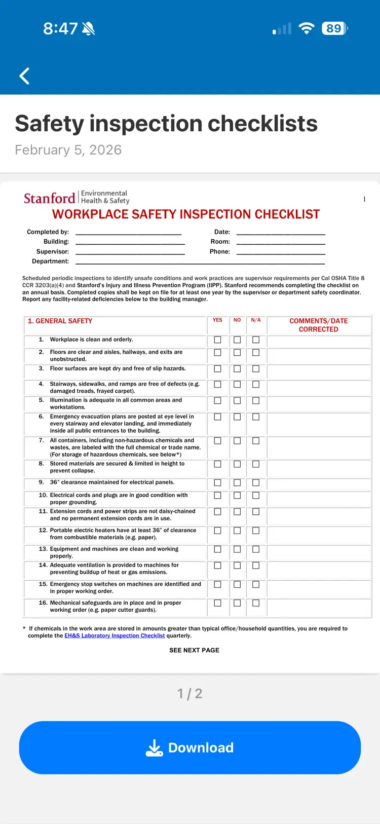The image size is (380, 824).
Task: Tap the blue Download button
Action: (190, 747)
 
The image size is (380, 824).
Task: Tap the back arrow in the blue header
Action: (24, 76)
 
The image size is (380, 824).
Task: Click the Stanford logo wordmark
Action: (50, 198)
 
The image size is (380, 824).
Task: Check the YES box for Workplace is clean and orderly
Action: (218, 340)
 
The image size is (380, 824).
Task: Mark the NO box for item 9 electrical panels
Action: (237, 483)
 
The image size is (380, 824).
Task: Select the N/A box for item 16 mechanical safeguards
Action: (256, 603)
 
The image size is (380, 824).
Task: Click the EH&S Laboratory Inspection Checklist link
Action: (115, 635)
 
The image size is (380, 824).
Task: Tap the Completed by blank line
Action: (128, 233)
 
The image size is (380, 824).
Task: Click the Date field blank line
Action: (281, 233)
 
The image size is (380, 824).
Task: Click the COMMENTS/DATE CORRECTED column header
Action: (318, 325)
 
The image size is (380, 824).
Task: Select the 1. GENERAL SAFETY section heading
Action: (60, 321)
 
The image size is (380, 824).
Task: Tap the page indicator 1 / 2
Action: (190, 693)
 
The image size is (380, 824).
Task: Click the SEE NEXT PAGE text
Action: (194, 650)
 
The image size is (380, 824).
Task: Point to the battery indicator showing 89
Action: (334, 28)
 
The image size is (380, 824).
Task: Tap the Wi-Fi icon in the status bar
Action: (306, 28)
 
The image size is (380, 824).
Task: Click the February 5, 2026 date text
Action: (68, 150)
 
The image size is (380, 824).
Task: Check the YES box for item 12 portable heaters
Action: (218, 531)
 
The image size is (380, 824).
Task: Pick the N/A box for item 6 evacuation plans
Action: (256, 417)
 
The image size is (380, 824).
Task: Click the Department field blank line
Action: (200, 262)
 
